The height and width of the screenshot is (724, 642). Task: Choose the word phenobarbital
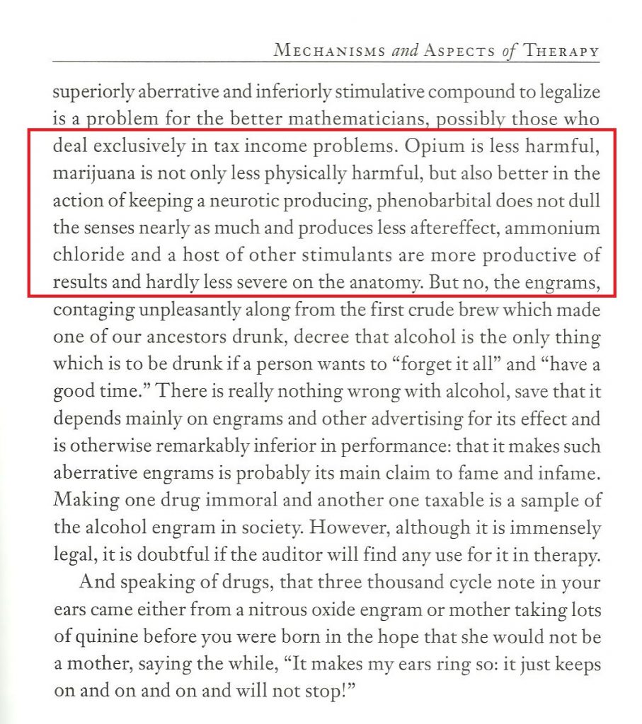click(431, 201)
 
